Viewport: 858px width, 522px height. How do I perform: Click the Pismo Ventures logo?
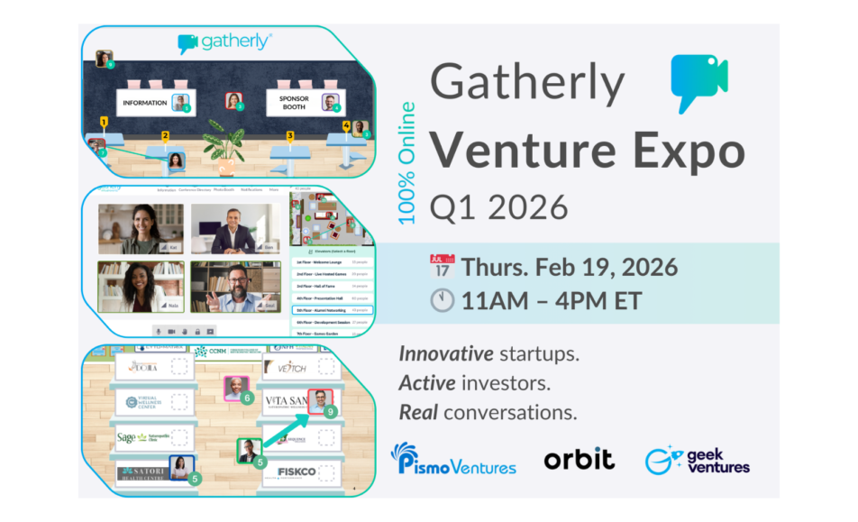453,459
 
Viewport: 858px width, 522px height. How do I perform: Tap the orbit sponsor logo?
579,459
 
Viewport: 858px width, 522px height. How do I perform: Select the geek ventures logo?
697,459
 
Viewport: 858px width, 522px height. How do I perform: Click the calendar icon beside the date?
442,267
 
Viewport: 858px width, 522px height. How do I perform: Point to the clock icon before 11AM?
442,300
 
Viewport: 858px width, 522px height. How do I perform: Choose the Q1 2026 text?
498,206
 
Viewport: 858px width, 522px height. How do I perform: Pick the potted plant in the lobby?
224,150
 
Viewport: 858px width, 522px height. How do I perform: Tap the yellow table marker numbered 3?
290,136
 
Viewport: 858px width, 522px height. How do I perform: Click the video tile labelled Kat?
141,229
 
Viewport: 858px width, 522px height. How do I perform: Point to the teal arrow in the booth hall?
284,431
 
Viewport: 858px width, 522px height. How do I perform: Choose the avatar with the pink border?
235,389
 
